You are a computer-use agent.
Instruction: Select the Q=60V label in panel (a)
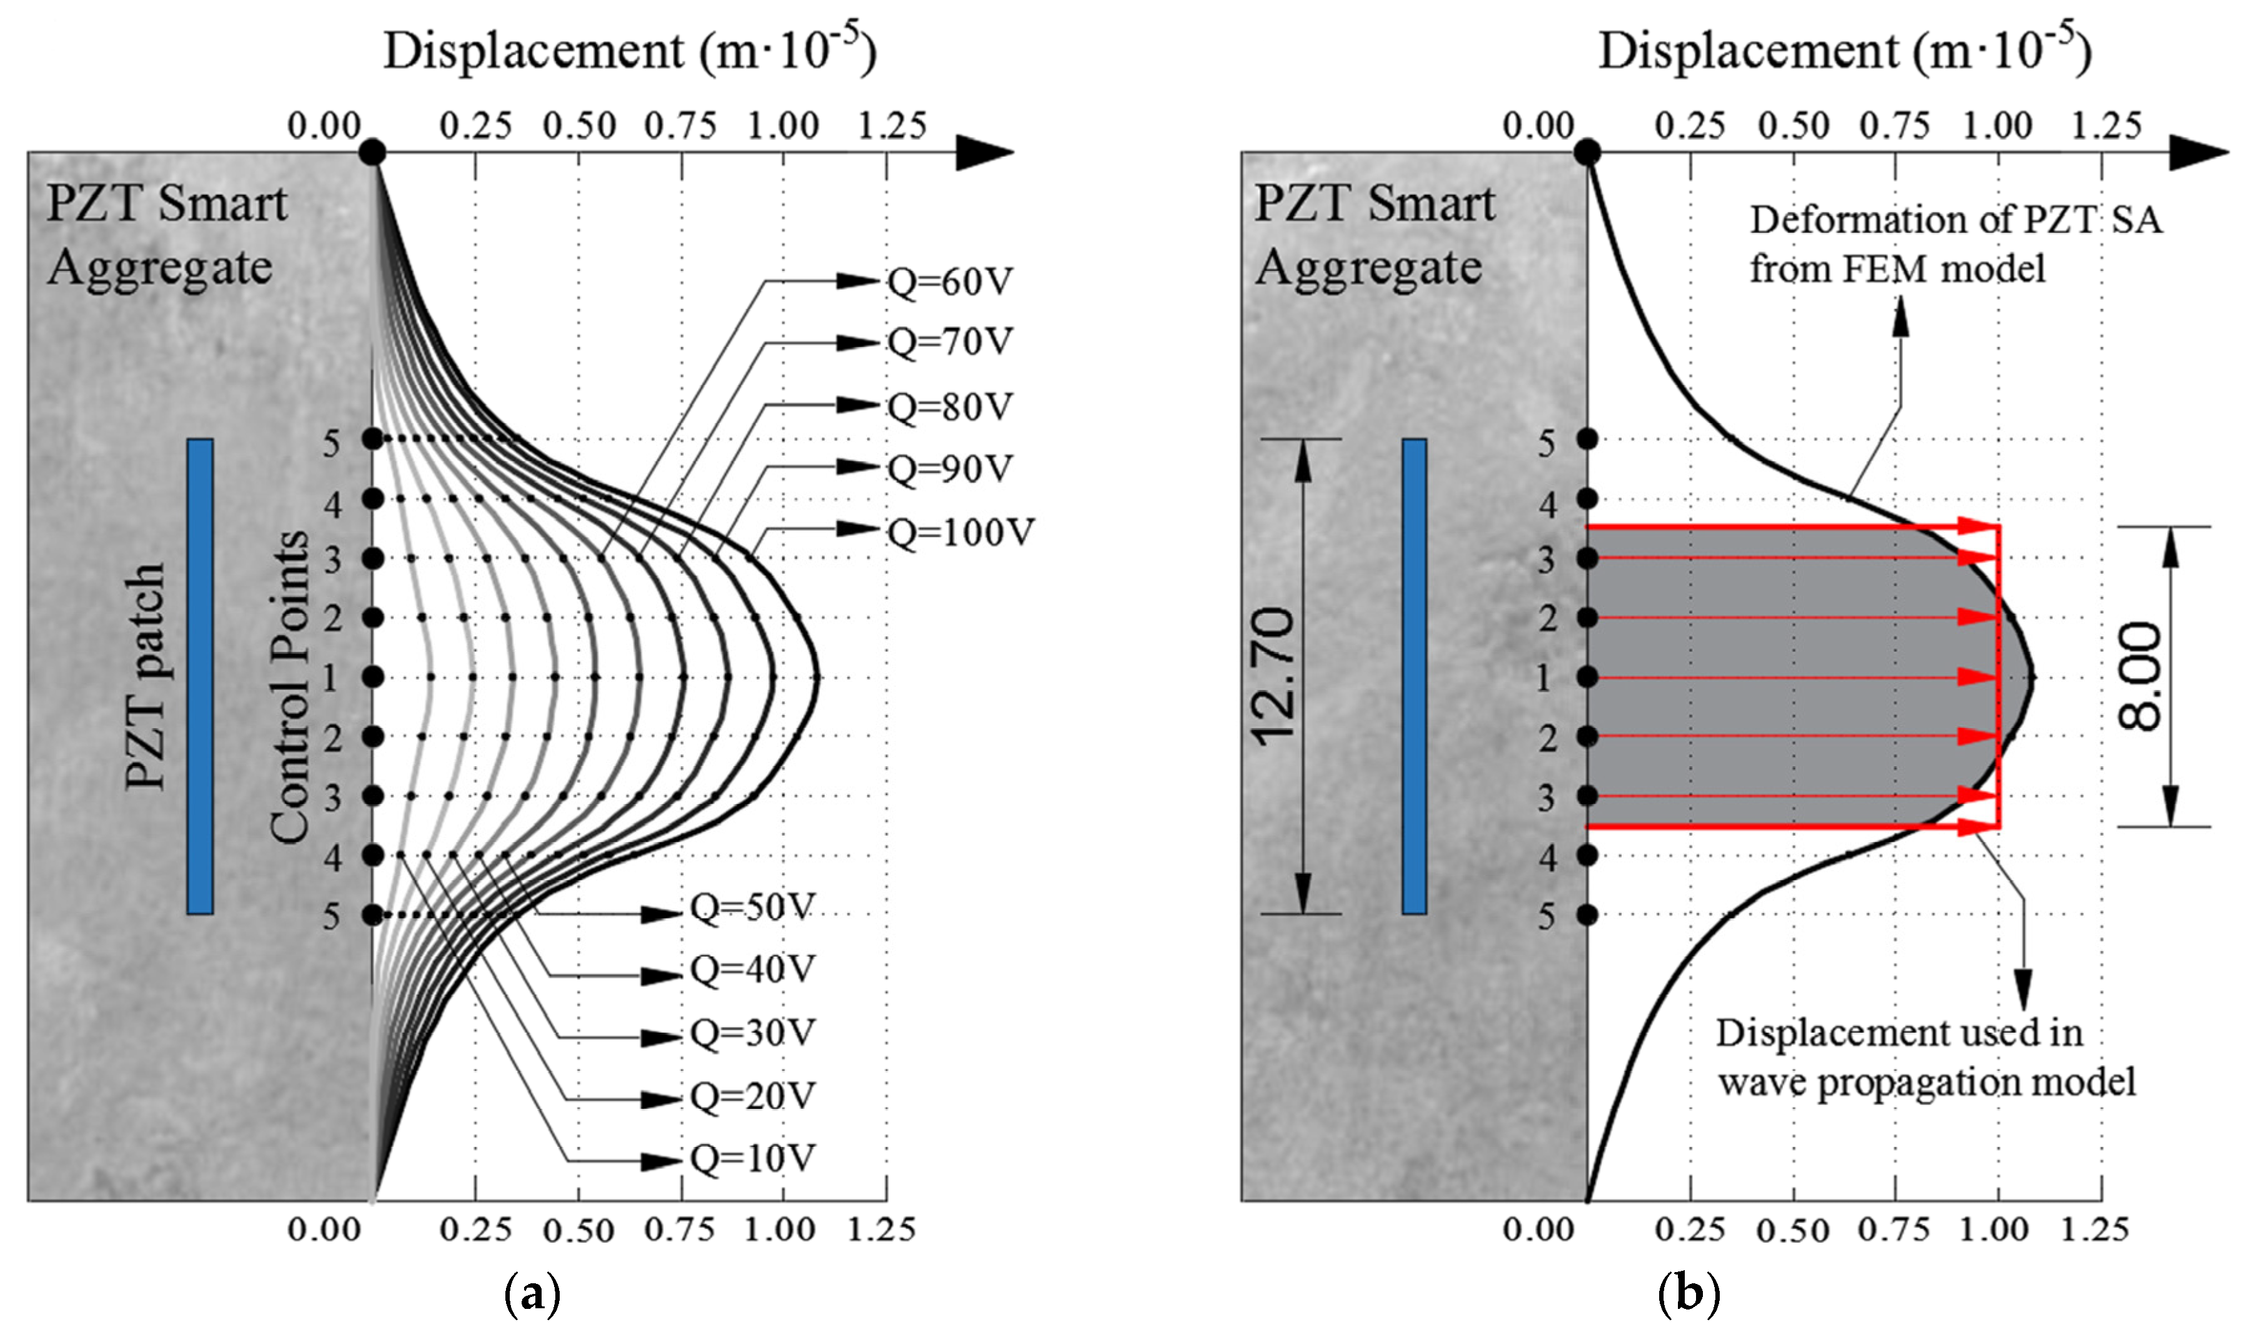click(950, 282)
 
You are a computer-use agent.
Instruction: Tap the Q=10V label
click(752, 1159)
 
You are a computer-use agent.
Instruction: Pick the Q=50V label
click(752, 909)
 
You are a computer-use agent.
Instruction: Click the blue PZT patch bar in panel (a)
click(199, 677)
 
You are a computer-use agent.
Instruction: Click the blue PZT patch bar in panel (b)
click(1414, 677)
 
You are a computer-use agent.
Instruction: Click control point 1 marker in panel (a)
click(372, 677)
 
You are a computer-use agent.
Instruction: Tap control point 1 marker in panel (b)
click(1587, 677)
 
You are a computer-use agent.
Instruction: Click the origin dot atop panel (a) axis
click(372, 152)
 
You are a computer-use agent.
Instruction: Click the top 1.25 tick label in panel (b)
click(2106, 126)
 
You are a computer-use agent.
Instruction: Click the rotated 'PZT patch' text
click(146, 677)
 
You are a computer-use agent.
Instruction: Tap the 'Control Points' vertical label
click(289, 687)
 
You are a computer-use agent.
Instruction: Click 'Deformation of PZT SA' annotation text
click(1955, 220)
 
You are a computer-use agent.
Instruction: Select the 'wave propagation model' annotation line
click(1927, 1082)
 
